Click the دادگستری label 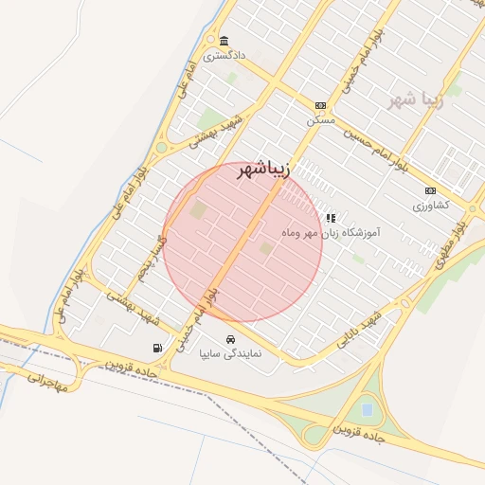[x=224, y=56]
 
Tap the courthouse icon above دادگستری [x=224, y=42]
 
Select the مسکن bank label [x=320, y=120]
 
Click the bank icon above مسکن [x=320, y=106]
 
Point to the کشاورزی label [x=430, y=205]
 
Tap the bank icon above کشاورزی [x=430, y=190]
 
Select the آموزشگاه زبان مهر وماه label [x=331, y=232]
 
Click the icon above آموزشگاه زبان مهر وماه [x=331, y=218]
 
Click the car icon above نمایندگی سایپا [x=229, y=339]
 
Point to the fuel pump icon [x=156, y=349]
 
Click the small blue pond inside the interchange [x=366, y=409]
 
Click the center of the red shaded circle [x=242, y=242]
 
